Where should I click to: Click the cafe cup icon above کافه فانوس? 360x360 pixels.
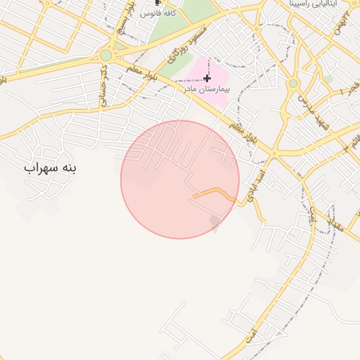pyautogui.click(x=157, y=4)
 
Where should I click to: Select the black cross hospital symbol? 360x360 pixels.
pyautogui.click(x=207, y=78)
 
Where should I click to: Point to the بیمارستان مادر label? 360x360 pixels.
pyautogui.click(x=207, y=89)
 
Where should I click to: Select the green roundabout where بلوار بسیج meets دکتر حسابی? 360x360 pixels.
pyautogui.click(x=105, y=54)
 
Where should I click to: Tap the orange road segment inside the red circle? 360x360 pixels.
pyautogui.click(x=214, y=191)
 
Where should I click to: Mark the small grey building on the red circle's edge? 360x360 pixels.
pyautogui.click(x=215, y=224)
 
